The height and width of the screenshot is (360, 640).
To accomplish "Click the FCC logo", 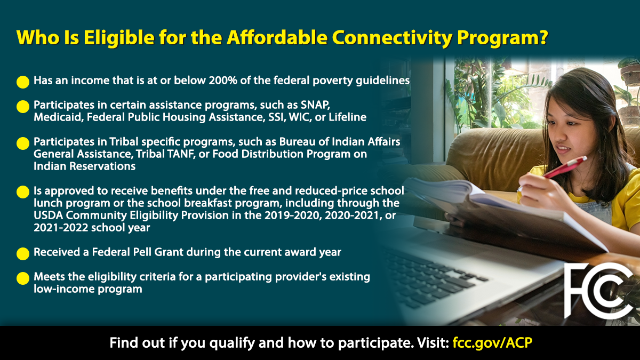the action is [598, 291].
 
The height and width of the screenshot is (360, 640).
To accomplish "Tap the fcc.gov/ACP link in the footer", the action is [492, 342].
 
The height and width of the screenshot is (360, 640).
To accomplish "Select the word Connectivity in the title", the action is [391, 37].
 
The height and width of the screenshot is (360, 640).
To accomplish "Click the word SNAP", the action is [315, 105].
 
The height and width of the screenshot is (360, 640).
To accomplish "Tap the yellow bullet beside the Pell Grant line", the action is [23, 254].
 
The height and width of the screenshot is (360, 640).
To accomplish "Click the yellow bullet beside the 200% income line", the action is [23, 82].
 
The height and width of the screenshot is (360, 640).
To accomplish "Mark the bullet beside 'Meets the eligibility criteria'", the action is [23, 278].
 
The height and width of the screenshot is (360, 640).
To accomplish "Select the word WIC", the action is [300, 117].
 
